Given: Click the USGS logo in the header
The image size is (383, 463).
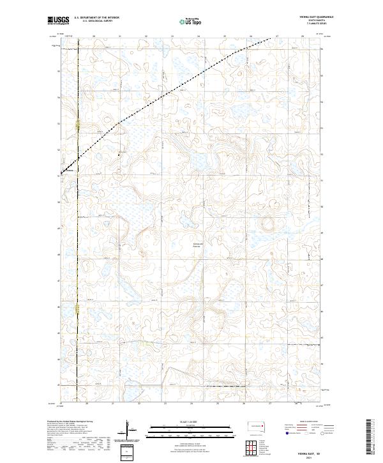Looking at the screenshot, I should (x=59, y=21).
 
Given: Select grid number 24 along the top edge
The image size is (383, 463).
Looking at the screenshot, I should (x=199, y=36).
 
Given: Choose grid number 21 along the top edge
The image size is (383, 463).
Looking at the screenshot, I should (x=121, y=36).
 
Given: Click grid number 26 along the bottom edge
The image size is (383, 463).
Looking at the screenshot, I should (x=243, y=404).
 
